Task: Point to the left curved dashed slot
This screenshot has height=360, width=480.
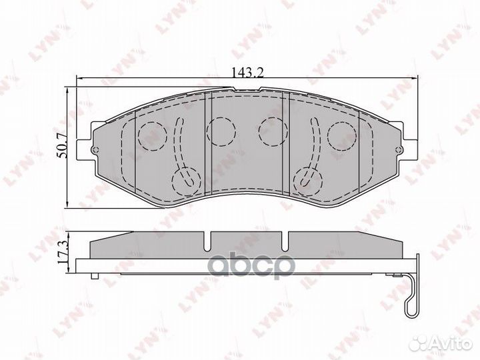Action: pyautogui.click(x=178, y=143)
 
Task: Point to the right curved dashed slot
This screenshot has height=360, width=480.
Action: pyautogui.click(x=314, y=143)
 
